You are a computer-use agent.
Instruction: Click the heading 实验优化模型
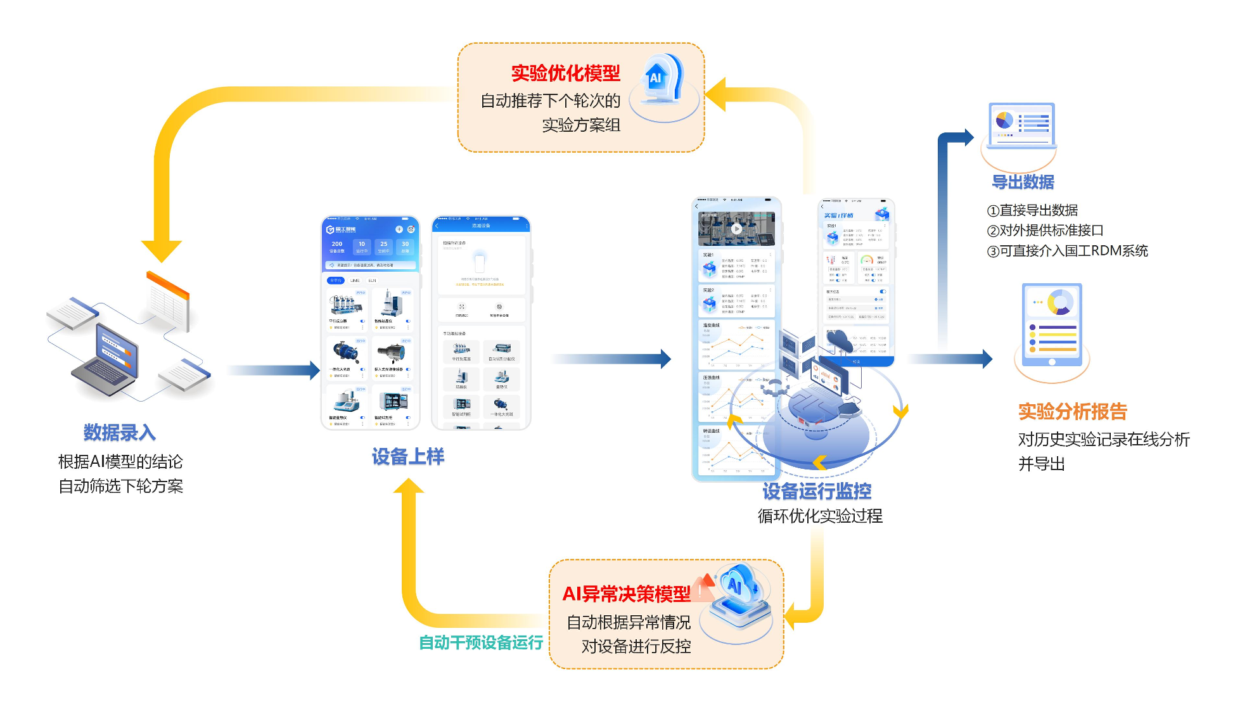[565, 73]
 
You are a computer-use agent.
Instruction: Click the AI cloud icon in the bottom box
[738, 596]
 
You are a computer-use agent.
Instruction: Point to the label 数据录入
[119, 433]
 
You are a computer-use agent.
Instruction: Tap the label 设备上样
[407, 457]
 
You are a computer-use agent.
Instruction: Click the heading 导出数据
[1023, 182]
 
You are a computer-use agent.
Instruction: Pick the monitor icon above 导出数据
[1021, 125]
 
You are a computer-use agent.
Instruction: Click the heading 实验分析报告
[1072, 412]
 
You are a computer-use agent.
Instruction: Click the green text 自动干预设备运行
[481, 643]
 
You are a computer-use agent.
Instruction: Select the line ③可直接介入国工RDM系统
[1067, 251]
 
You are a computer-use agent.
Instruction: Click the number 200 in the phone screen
[337, 244]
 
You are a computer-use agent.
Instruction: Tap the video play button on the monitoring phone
[736, 229]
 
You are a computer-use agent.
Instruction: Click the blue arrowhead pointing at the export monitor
[968, 137]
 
